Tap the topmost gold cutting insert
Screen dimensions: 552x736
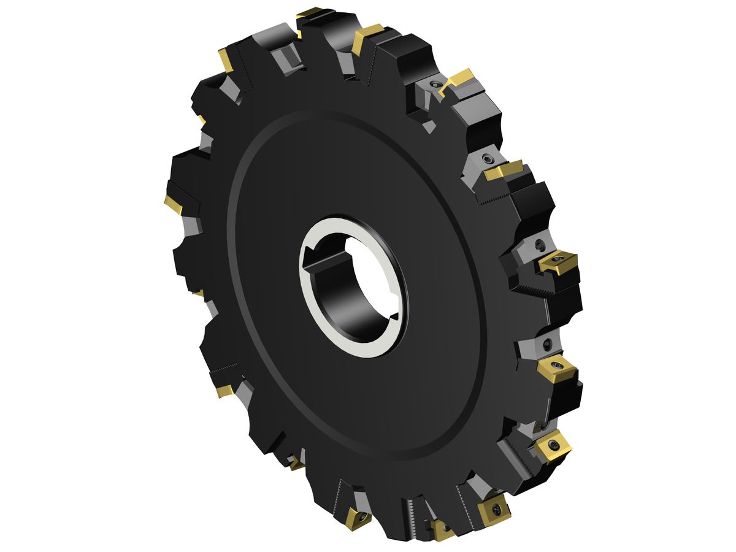click(310, 13)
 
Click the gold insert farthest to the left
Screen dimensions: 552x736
click(174, 205)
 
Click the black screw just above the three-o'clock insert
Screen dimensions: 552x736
click(540, 245)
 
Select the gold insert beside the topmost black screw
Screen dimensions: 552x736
click(457, 80)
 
